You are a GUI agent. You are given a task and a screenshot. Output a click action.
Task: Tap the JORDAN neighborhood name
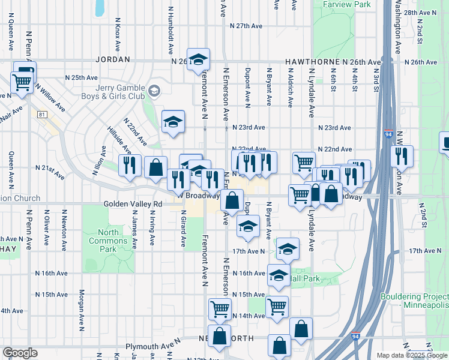pyautogui.click(x=112, y=60)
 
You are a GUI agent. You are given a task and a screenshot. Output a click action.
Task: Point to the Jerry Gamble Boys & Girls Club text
pyautogui.click(x=113, y=91)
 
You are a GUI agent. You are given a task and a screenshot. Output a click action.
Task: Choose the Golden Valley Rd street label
pyautogui.click(x=133, y=204)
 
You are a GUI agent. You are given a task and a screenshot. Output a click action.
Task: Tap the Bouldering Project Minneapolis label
pyautogui.click(x=414, y=301)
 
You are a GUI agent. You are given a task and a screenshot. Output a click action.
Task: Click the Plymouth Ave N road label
pyautogui.click(x=153, y=346)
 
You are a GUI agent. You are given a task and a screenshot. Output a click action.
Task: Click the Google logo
pyautogui.click(x=20, y=352)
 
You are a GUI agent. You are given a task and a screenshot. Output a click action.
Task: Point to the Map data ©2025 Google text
pyautogui.click(x=411, y=355)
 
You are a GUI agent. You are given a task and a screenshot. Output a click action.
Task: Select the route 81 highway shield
pyautogui.click(x=41, y=115)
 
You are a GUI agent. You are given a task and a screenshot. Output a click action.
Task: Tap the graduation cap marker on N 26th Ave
pyautogui.click(x=198, y=59)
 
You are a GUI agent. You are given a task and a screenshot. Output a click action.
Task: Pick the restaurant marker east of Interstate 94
pyautogui.click(x=402, y=156)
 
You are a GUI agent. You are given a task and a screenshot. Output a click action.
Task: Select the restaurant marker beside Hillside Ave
pyautogui.click(x=130, y=166)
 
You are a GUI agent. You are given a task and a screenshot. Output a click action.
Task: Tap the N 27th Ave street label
pyautogui.click(x=247, y=26)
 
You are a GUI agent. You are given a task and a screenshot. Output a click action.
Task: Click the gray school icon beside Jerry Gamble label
pyautogui.click(x=154, y=91)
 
